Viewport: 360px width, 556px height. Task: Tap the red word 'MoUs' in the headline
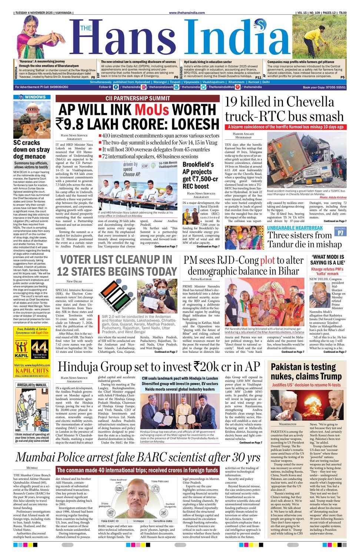click(151, 110)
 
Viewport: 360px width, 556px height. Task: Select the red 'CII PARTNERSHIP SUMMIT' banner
click(138, 98)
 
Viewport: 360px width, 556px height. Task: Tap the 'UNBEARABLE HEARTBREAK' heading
click(295, 228)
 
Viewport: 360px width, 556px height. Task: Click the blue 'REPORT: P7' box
click(340, 231)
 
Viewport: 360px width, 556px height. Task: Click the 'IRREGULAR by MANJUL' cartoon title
click(32, 385)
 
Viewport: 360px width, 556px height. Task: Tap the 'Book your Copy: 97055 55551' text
click(324, 87)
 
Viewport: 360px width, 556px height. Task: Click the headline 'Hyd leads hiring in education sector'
click(208, 62)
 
